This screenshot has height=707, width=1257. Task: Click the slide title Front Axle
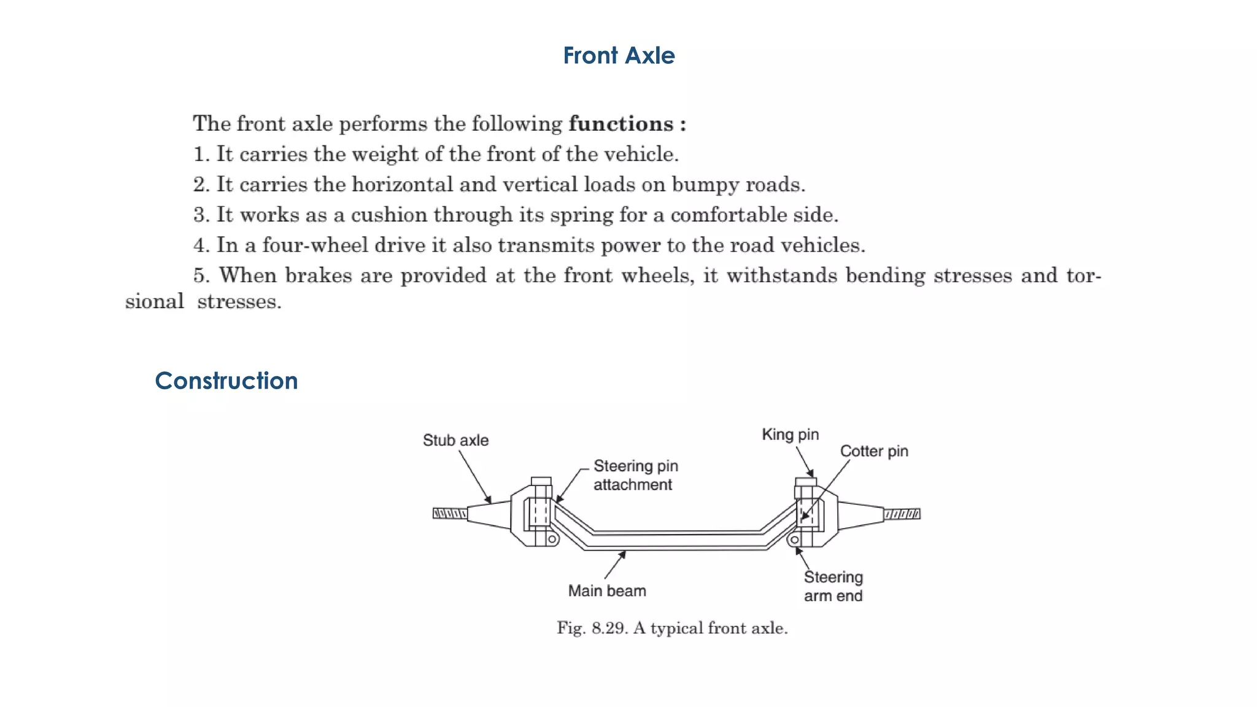tap(619, 56)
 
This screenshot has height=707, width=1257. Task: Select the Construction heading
tap(226, 381)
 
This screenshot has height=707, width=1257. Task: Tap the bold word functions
tap(621, 124)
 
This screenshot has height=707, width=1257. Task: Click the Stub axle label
tap(455, 441)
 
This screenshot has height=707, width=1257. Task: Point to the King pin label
tap(790, 435)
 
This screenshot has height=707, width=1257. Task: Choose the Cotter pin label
tap(873, 452)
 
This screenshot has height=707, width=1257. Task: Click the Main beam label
tap(606, 591)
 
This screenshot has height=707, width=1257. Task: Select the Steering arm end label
tap(833, 587)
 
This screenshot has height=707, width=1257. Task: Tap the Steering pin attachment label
tap(635, 476)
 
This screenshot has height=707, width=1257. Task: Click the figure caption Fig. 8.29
tap(672, 628)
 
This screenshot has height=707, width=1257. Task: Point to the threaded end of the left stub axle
tap(449, 513)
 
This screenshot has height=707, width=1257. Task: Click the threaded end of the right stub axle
tap(902, 514)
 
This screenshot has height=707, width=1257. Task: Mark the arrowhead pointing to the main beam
tap(622, 555)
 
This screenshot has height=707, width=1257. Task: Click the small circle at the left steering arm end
tap(552, 539)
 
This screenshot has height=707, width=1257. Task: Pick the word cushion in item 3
tap(389, 215)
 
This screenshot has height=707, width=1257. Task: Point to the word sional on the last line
tap(154, 302)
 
